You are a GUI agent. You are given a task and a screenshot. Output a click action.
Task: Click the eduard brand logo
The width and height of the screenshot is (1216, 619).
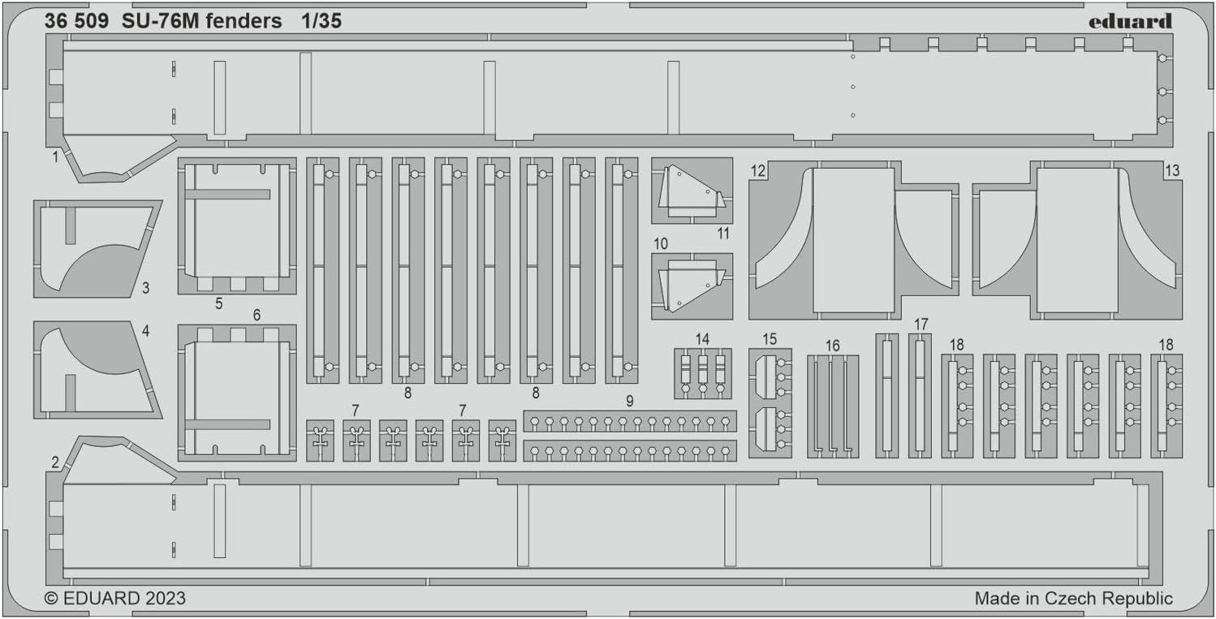pyautogui.click(x=1135, y=22)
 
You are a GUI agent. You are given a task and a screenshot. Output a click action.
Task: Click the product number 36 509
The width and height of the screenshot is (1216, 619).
pyautogui.click(x=77, y=22)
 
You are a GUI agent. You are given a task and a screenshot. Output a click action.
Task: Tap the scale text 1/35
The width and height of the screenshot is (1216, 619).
pyautogui.click(x=319, y=22)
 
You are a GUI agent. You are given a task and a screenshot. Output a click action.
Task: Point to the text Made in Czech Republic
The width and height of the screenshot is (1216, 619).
pyautogui.click(x=1073, y=599)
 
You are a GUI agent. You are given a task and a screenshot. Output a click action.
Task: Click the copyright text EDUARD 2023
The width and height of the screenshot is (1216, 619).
pyautogui.click(x=114, y=599)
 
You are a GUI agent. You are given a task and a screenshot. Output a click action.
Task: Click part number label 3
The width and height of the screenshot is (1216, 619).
pyautogui.click(x=145, y=288)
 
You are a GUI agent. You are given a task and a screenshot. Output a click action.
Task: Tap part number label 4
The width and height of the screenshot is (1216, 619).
pyautogui.click(x=145, y=331)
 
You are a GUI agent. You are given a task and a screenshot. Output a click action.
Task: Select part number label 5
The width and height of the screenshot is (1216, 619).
pyautogui.click(x=219, y=303)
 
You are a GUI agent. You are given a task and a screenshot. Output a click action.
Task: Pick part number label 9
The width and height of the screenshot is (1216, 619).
pyautogui.click(x=629, y=401)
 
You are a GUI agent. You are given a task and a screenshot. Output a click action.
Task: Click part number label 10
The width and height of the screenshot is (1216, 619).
pyautogui.click(x=662, y=243)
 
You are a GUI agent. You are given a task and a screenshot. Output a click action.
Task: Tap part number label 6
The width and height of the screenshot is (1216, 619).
pyautogui.click(x=257, y=315)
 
